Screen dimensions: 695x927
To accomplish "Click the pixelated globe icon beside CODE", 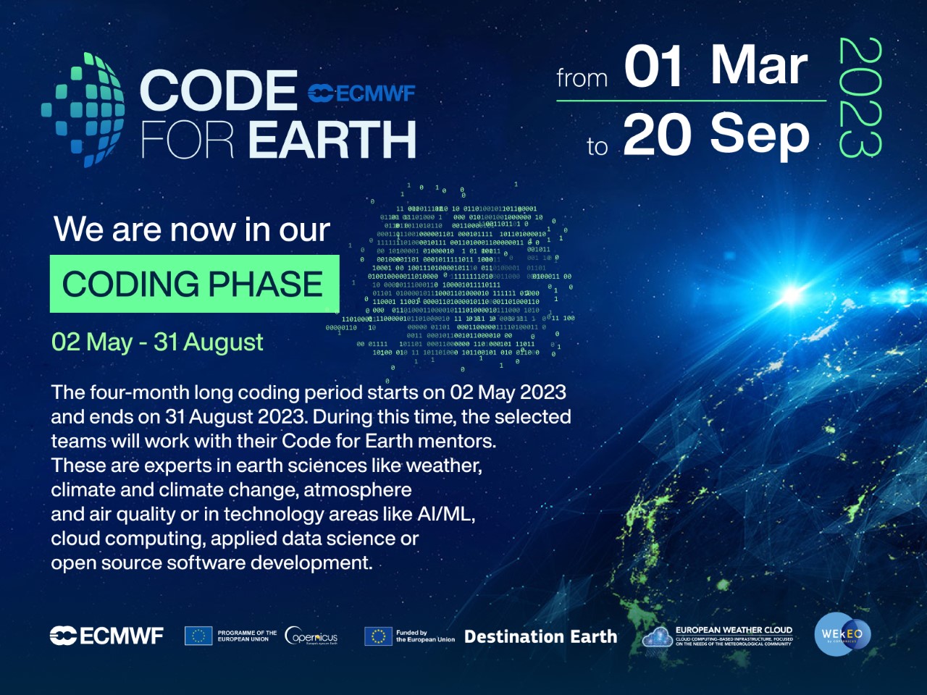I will (83, 110).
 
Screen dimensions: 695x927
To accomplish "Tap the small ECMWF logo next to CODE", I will (361, 93).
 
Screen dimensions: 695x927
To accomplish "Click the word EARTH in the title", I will (332, 140).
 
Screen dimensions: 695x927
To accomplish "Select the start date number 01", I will (653, 67).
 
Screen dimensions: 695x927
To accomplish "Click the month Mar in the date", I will (758, 65).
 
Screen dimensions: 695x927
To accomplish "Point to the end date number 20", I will (656, 135).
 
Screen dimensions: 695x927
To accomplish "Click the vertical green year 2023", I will (860, 98).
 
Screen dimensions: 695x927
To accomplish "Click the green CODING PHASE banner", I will (194, 284).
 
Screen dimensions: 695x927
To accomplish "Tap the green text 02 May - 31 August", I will (157, 342).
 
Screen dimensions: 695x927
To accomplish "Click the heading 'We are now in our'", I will (192, 229).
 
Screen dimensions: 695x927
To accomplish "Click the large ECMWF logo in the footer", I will (106, 636).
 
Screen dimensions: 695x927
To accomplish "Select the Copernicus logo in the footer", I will (311, 636).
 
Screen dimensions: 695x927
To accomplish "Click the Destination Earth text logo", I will (540, 637).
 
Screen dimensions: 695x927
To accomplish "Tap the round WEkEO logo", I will (842, 634).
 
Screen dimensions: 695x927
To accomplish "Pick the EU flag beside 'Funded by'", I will (377, 636).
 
